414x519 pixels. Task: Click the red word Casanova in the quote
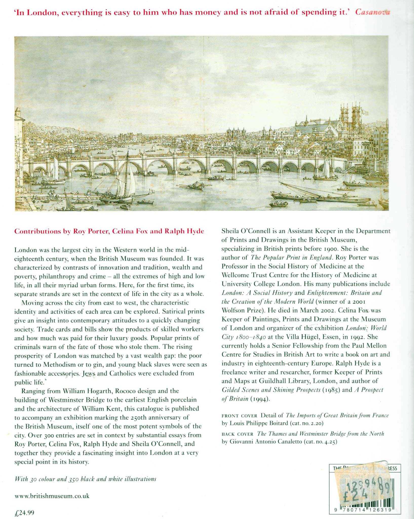coord(372,12)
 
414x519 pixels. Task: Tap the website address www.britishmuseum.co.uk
coord(52,496)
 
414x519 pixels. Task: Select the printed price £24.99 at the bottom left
coord(24,513)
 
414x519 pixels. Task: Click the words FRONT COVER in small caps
coord(239,416)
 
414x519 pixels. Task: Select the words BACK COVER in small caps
coord(237,434)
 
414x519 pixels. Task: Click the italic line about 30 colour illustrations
coord(85,479)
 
